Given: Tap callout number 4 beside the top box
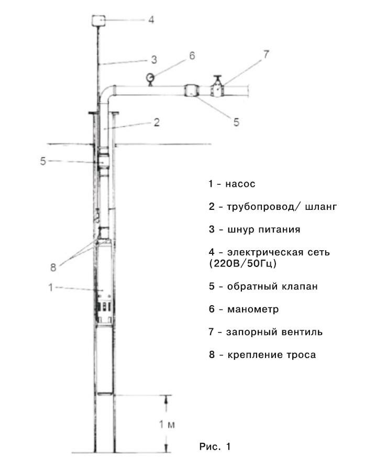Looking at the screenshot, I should coord(151,20).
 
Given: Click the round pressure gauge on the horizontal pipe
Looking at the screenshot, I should coord(150,77).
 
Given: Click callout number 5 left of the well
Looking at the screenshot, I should coord(43,161).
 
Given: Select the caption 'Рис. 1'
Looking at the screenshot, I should coord(215,446).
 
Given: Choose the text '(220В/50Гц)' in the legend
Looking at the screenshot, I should coord(242,264).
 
